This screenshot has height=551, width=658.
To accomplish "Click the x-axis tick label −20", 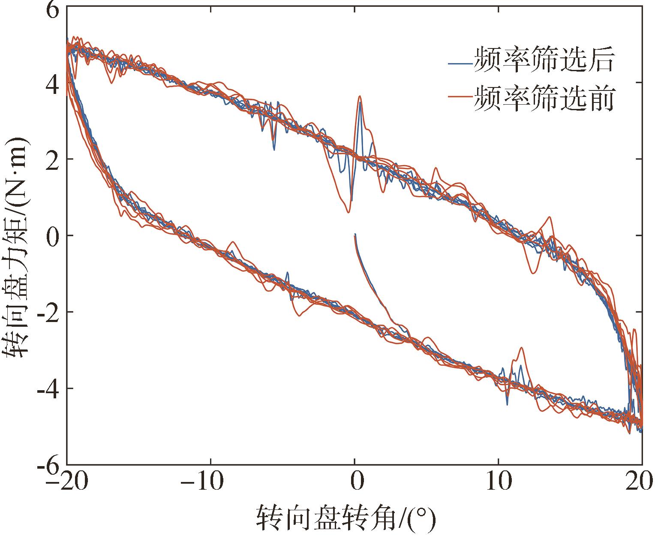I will (x=67, y=482).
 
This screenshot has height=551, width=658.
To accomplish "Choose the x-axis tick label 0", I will (x=355, y=482).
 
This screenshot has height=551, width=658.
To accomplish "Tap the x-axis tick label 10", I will (x=498, y=482).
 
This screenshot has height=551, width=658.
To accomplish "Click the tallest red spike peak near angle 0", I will (x=360, y=96).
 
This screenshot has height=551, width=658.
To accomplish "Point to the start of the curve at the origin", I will (x=355, y=235).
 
